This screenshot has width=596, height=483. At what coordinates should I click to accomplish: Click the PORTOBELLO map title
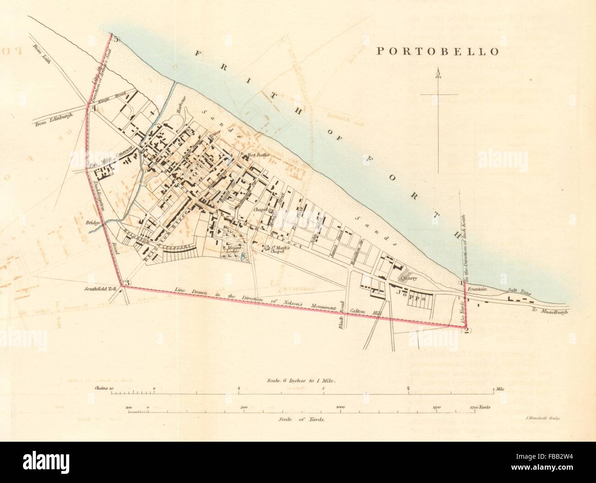pyautogui.click(x=437, y=51)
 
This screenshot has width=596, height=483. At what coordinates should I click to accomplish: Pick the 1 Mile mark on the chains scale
pyautogui.click(x=497, y=389)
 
